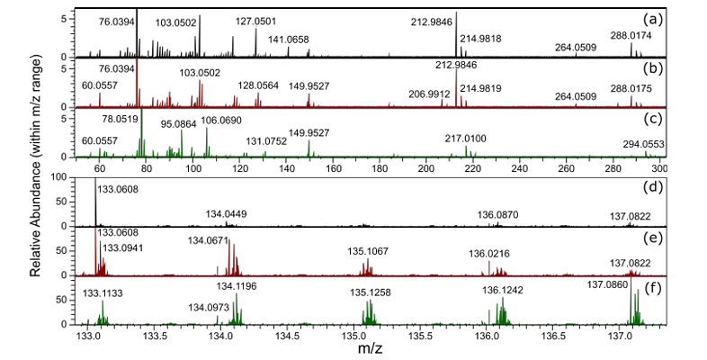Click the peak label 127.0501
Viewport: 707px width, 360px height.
point(259,23)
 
